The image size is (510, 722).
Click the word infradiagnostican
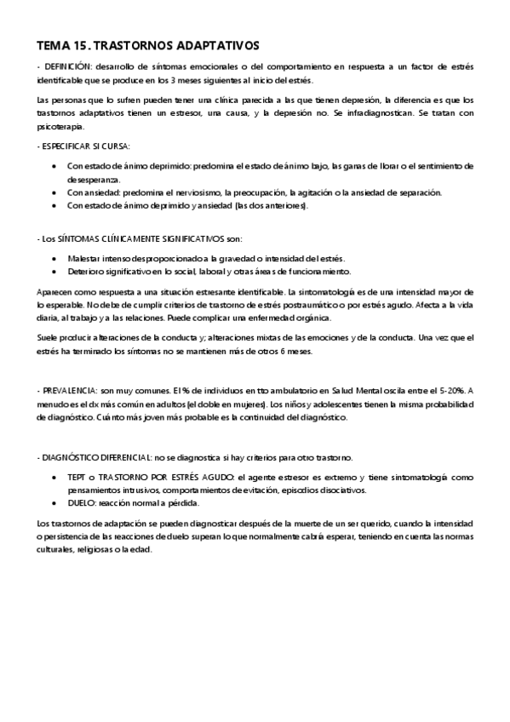378,113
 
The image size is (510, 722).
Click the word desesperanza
95,179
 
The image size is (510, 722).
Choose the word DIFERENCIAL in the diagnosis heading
128,458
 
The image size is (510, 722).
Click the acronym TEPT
77,478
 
